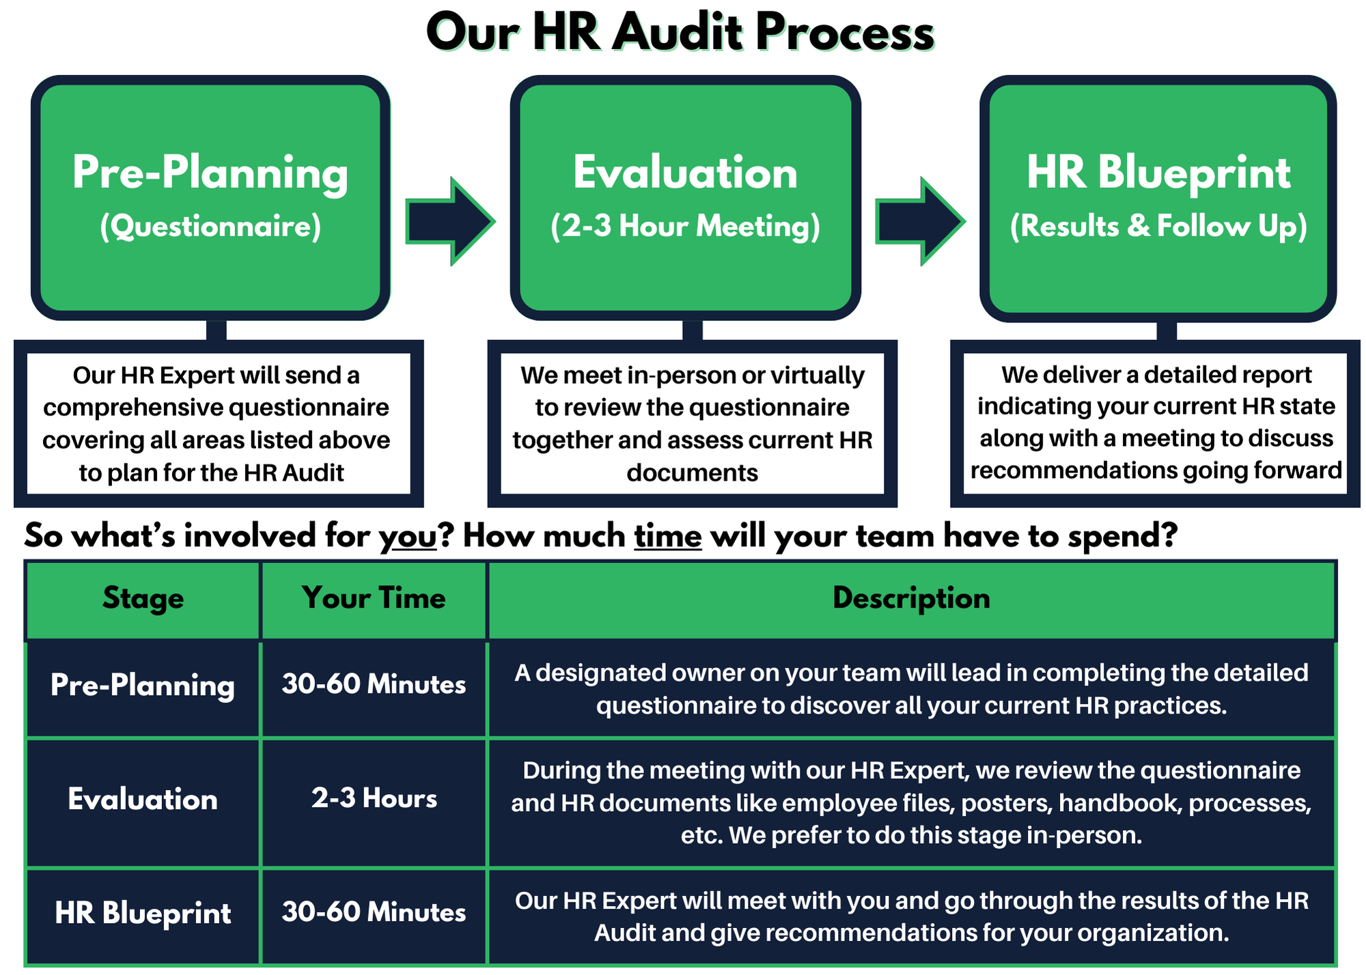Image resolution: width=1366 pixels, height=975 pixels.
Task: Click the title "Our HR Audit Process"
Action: coord(680,33)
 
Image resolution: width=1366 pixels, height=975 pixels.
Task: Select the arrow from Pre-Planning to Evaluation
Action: coord(450,221)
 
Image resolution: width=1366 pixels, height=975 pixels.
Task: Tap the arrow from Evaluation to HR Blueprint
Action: coord(920,221)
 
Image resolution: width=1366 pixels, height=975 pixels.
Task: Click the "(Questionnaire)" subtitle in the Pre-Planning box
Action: coord(210,227)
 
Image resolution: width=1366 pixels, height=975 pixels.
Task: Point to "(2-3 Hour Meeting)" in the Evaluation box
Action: coord(685,227)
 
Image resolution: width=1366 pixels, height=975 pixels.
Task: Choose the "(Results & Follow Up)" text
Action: coord(1158,227)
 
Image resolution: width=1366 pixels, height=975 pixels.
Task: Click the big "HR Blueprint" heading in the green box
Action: coord(1158,173)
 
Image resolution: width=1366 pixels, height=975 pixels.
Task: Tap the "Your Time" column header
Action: coord(374,598)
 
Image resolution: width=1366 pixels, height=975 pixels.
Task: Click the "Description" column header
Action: coord(912,599)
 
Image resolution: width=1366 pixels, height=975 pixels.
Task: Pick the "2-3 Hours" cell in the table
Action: coord(374,798)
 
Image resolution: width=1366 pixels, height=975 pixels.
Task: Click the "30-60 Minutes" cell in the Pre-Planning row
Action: coord(374,684)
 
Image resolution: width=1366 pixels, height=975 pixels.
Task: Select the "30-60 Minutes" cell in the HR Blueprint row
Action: coord(374,912)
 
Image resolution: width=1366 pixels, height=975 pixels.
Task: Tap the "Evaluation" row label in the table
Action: coord(143,800)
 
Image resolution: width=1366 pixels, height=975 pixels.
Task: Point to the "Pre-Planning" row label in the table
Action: coord(143,686)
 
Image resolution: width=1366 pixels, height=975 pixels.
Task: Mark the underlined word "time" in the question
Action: coord(668,536)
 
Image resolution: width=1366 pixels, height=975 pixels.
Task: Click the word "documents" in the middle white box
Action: coord(693,472)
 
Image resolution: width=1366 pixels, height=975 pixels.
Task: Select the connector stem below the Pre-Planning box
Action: coord(217,330)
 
